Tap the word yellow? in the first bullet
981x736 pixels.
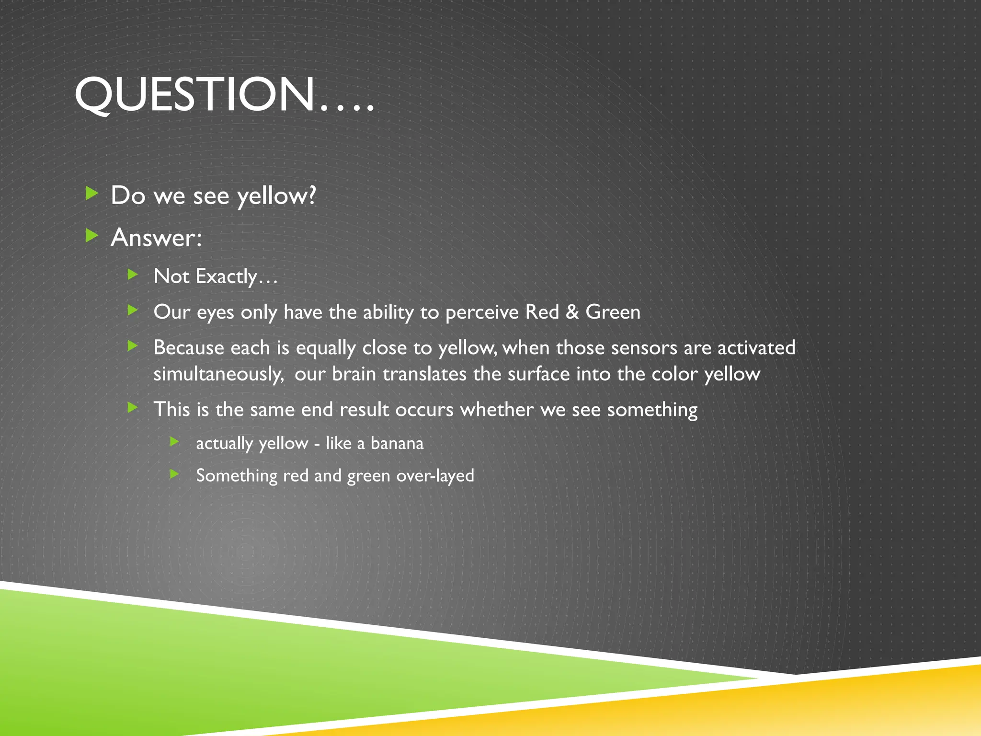click(x=276, y=196)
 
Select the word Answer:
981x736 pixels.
click(x=156, y=238)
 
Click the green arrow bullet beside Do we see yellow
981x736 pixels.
click(x=91, y=194)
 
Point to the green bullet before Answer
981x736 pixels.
click(x=91, y=235)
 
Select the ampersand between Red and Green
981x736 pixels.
click(x=572, y=312)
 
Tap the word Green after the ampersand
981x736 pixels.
click(x=613, y=312)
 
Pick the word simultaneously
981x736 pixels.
click(x=218, y=374)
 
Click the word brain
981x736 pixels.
click(x=354, y=374)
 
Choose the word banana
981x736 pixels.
click(x=397, y=443)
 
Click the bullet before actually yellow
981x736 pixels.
click(x=175, y=441)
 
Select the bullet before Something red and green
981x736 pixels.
click(x=175, y=474)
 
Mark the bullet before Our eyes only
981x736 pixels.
click(x=133, y=310)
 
